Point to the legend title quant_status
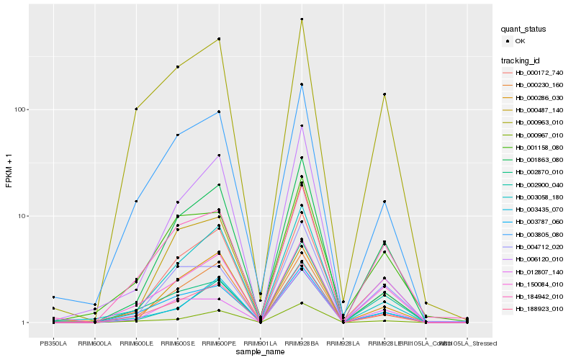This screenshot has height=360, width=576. pos(524,29)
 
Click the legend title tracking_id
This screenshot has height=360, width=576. pos(521,60)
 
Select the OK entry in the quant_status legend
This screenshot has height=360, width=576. pos(520,41)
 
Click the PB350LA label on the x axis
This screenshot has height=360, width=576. pos(53,343)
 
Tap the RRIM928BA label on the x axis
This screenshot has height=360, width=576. pos(302,343)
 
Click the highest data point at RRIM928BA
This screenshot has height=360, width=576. pos(302,19)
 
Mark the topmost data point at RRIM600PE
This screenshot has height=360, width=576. pos(219,39)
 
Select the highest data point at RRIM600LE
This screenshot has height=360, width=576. pos(136,109)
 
